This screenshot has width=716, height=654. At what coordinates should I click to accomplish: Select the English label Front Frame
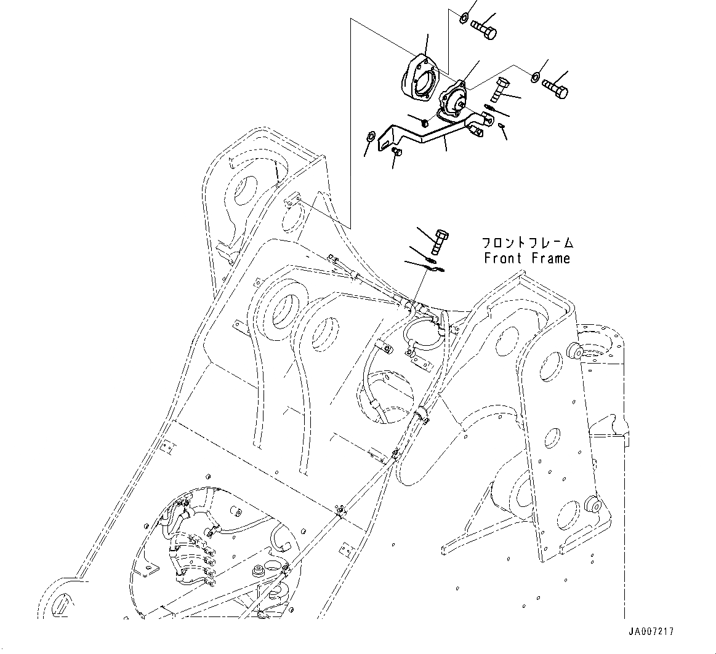pos(526,258)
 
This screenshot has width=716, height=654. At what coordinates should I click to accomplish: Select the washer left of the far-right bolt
pos(535,77)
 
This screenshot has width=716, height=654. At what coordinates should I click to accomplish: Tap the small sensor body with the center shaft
pos(456,100)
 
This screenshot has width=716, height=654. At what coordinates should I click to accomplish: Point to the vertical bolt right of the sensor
pos(498,90)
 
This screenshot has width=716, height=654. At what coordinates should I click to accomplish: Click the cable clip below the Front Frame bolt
pos(435,266)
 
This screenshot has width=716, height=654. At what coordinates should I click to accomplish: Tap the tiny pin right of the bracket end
pos(502,126)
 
